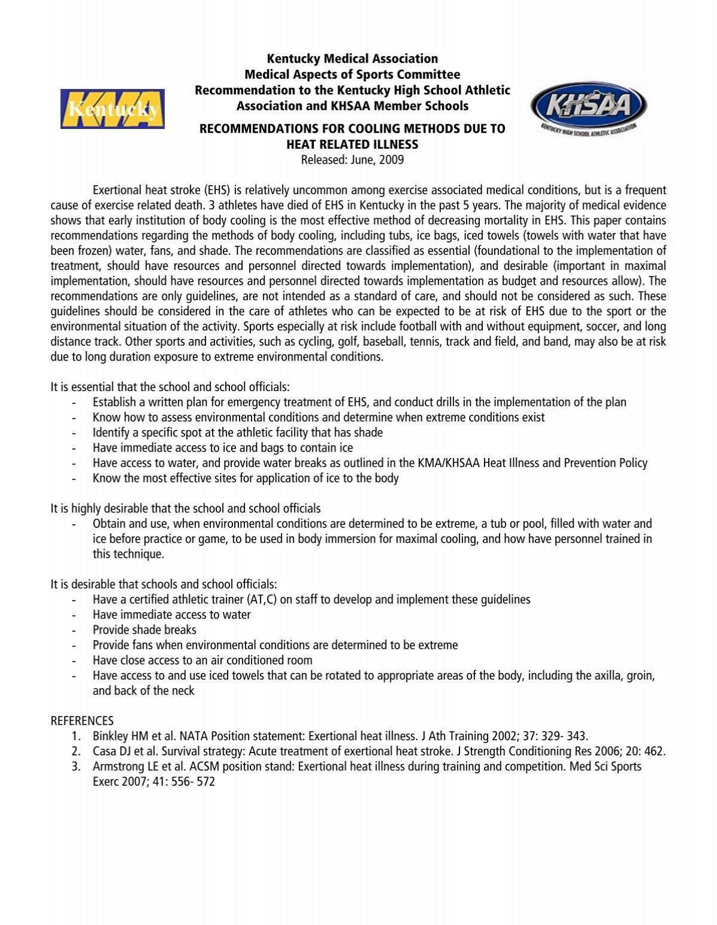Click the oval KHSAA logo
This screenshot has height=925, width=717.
pyautogui.click(x=589, y=108)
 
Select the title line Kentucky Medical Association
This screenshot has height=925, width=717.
pyautogui.click(x=352, y=59)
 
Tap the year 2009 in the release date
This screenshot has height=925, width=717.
pyautogui.click(x=391, y=159)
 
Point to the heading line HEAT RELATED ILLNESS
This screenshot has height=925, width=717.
pyautogui.click(x=352, y=144)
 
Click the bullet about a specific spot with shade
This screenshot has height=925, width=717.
pyautogui.click(x=237, y=432)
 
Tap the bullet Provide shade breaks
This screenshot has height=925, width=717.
pyautogui.click(x=145, y=629)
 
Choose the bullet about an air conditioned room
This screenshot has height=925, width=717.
pyautogui.click(x=203, y=660)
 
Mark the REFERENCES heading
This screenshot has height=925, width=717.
pyautogui.click(x=82, y=721)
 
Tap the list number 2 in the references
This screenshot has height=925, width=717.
pyautogui.click(x=76, y=751)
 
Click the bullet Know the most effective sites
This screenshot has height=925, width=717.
pyautogui.click(x=245, y=478)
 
